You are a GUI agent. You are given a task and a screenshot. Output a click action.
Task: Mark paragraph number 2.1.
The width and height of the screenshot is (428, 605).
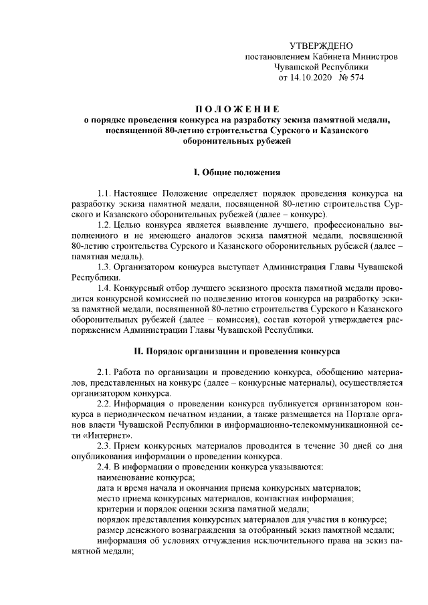(106, 371)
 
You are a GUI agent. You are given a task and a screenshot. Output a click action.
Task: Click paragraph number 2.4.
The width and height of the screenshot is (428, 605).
(106, 467)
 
